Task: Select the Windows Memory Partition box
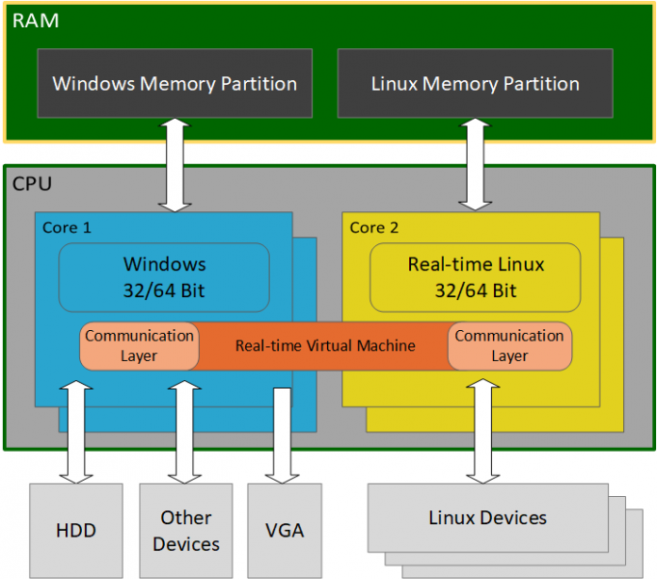(175, 83)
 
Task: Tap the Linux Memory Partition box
(475, 83)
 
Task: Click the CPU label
(32, 182)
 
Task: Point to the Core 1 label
(67, 228)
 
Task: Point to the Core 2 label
(373, 228)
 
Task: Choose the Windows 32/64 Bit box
(164, 277)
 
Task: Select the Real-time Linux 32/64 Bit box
(475, 277)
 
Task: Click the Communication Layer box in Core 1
(139, 345)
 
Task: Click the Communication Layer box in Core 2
(509, 345)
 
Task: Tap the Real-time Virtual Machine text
(325, 345)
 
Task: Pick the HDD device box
(75, 530)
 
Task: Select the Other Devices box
(185, 530)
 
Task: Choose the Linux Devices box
(487, 518)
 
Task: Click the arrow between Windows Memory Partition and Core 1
(175, 164)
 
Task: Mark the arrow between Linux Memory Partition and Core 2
(475, 164)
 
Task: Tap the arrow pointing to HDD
(75, 430)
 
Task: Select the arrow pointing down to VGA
(283, 434)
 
